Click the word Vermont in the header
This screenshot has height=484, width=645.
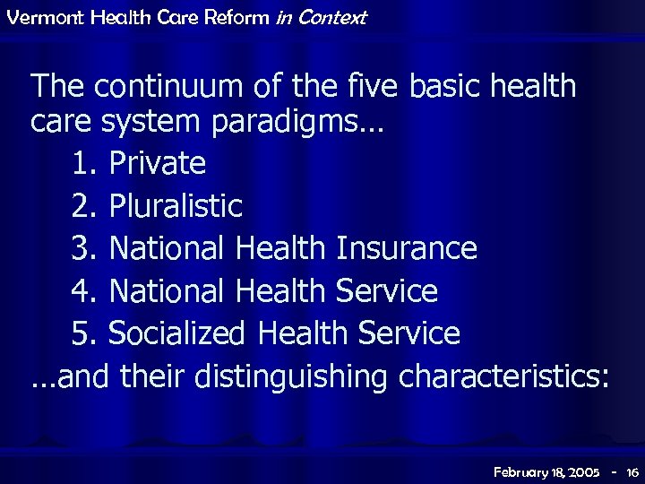(x=37, y=17)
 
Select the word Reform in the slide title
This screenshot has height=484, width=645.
(x=235, y=17)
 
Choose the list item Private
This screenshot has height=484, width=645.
(x=157, y=163)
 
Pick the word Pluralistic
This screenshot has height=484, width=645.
(x=176, y=206)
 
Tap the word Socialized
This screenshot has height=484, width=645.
(x=176, y=333)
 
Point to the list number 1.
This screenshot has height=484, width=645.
(x=82, y=163)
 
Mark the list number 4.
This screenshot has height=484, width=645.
(x=82, y=291)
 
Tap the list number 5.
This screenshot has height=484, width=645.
(x=82, y=333)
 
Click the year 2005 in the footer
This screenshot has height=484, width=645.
(x=583, y=471)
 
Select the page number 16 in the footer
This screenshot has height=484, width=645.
(x=632, y=471)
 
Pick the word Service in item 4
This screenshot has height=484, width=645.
(x=386, y=291)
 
